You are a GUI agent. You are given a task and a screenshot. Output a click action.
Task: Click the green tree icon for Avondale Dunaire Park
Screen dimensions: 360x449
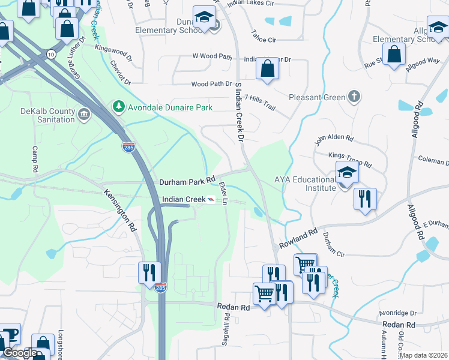click(x=119, y=107)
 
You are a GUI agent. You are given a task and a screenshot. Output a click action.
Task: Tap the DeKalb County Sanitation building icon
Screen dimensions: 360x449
click(x=83, y=114)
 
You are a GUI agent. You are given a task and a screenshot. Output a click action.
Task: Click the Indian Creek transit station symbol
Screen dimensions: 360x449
click(x=211, y=199)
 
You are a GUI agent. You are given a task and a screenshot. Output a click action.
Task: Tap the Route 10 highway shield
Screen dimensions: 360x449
click(x=52, y=55)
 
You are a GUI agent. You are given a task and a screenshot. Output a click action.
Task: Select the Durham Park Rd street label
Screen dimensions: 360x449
click(x=187, y=181)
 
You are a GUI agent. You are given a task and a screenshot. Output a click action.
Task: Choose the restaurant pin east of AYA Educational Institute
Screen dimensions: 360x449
click(x=365, y=199)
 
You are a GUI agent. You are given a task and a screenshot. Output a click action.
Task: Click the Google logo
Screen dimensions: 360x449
click(x=20, y=353)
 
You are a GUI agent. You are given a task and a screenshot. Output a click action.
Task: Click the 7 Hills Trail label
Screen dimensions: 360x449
click(x=259, y=106)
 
